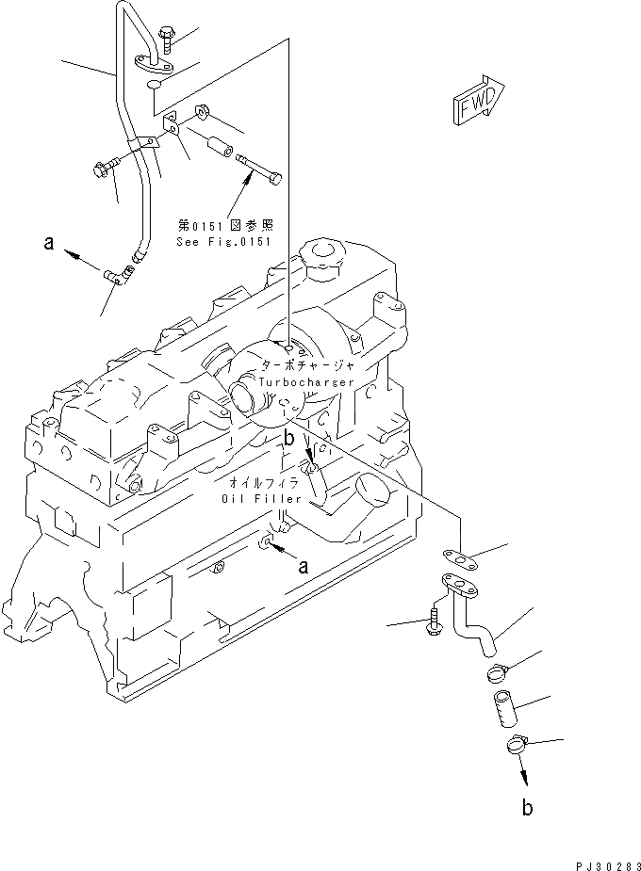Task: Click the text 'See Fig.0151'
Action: tap(223, 242)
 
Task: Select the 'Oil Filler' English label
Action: tap(261, 498)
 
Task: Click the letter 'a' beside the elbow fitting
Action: tap(48, 244)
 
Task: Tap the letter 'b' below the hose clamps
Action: tap(528, 807)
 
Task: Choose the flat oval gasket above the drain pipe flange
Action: tap(456, 558)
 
